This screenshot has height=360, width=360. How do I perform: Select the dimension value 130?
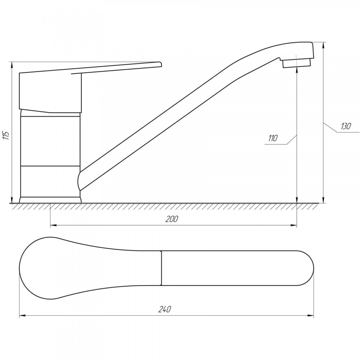coord(346,126)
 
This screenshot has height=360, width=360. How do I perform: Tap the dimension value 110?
coord(273,138)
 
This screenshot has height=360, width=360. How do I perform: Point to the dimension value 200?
coord(172,219)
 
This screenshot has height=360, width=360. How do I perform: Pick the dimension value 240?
coord(165,310)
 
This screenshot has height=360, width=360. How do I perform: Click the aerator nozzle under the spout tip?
coord(296,63)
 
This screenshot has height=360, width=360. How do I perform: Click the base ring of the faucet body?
coord(50,200)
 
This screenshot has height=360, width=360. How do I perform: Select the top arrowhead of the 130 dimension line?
coord(324,45)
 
